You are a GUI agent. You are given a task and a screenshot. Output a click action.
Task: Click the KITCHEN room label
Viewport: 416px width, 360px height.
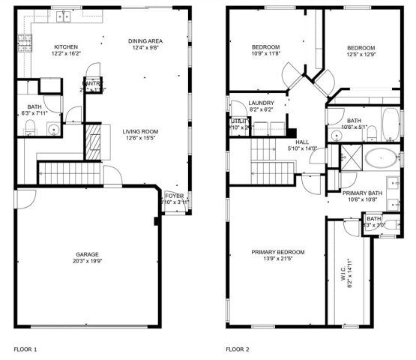[65, 47]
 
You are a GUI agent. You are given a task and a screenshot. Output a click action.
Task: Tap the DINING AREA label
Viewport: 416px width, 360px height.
[145, 40]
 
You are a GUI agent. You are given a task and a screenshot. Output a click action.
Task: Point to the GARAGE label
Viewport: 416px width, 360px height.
[87, 254]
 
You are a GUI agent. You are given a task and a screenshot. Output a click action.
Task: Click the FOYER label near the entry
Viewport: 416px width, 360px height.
[174, 196]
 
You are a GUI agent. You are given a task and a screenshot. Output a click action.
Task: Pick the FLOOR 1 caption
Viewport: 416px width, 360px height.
[26, 349]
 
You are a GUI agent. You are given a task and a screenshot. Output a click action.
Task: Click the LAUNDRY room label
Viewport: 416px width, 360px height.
[262, 103]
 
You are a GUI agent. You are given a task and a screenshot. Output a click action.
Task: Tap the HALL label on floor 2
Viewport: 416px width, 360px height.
[302, 142]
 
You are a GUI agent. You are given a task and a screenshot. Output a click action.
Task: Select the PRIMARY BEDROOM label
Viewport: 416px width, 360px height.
[278, 252]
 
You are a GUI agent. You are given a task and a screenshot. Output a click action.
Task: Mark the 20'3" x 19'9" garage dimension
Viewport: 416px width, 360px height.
[87, 261]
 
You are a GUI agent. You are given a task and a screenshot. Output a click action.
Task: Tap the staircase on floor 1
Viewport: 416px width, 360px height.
[64, 175]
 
